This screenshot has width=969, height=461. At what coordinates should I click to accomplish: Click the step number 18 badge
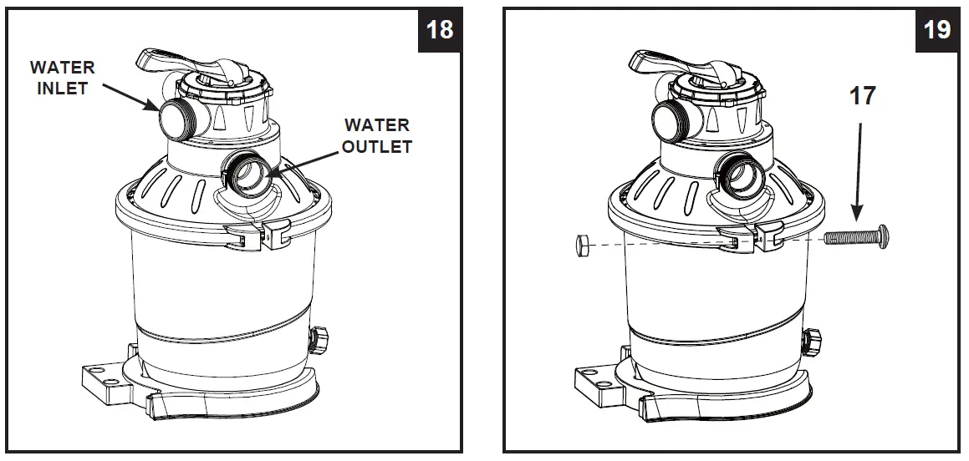coord(440,29)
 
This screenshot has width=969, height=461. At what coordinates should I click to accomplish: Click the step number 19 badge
coord(936,29)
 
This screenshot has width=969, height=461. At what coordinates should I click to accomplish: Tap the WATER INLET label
coord(63,77)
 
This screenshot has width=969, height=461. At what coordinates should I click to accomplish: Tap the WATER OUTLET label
coord(378,136)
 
